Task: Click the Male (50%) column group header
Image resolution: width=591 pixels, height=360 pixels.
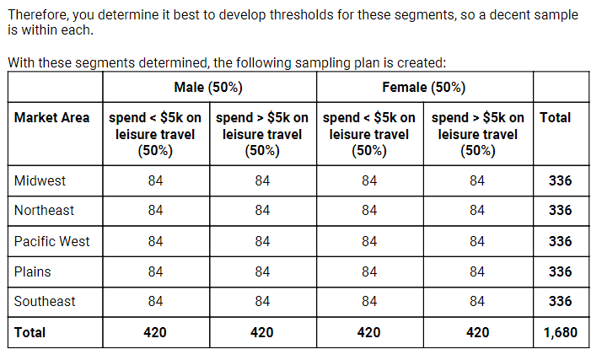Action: pos(208,88)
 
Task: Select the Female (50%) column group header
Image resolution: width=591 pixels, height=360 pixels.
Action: pos(423,88)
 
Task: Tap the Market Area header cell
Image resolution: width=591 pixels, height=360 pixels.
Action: pos(51,118)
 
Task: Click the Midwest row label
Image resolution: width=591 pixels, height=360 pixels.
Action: pos(40,180)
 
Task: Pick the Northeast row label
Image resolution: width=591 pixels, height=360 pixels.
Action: pos(44,210)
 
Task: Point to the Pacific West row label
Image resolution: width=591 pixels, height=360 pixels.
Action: pos(51,241)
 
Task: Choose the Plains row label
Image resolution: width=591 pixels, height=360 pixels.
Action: pos(33,271)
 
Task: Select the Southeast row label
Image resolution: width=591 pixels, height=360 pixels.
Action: pos(45,301)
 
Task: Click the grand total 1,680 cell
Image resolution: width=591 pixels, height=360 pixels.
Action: pos(560,332)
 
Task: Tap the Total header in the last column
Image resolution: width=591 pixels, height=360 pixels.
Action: pos(555,118)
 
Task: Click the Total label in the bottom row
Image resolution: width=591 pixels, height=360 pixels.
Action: pos(30,332)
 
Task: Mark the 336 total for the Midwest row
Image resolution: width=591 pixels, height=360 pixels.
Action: pos(560,180)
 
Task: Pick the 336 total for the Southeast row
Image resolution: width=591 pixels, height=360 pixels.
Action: pos(560,301)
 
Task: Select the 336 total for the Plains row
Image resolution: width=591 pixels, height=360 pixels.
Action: pos(560,271)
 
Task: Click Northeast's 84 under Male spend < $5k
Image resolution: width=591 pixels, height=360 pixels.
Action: pos(155,210)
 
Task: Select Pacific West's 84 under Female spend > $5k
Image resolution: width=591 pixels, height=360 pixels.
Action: pos(477,241)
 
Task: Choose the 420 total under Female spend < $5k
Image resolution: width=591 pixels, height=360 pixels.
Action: pos(369,332)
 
